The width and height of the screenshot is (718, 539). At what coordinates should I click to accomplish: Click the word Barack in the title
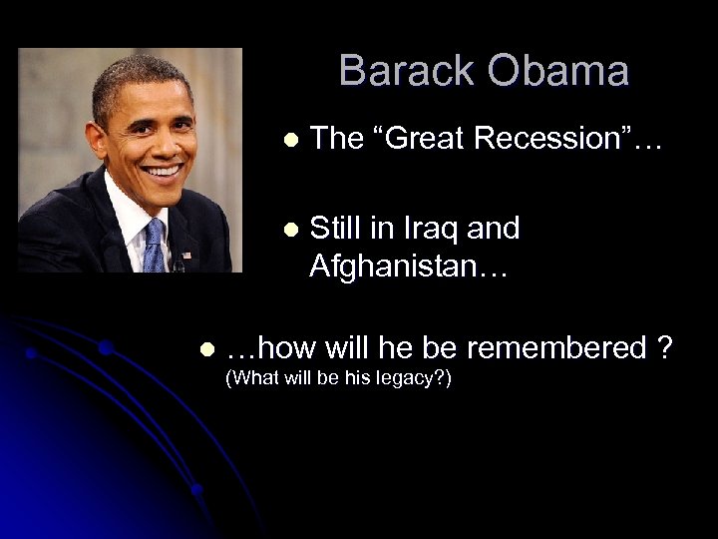tap(406, 72)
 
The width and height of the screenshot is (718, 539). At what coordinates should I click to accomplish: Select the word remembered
tap(564, 348)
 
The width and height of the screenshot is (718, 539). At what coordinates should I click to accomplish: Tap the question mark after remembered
tap(664, 348)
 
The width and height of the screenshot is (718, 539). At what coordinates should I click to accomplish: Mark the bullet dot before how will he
tap(206, 350)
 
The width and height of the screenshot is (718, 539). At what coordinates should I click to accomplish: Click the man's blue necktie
tap(154, 245)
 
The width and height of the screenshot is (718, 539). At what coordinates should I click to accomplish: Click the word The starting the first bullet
tap(334, 139)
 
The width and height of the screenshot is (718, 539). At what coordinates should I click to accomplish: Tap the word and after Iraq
tap(494, 229)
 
